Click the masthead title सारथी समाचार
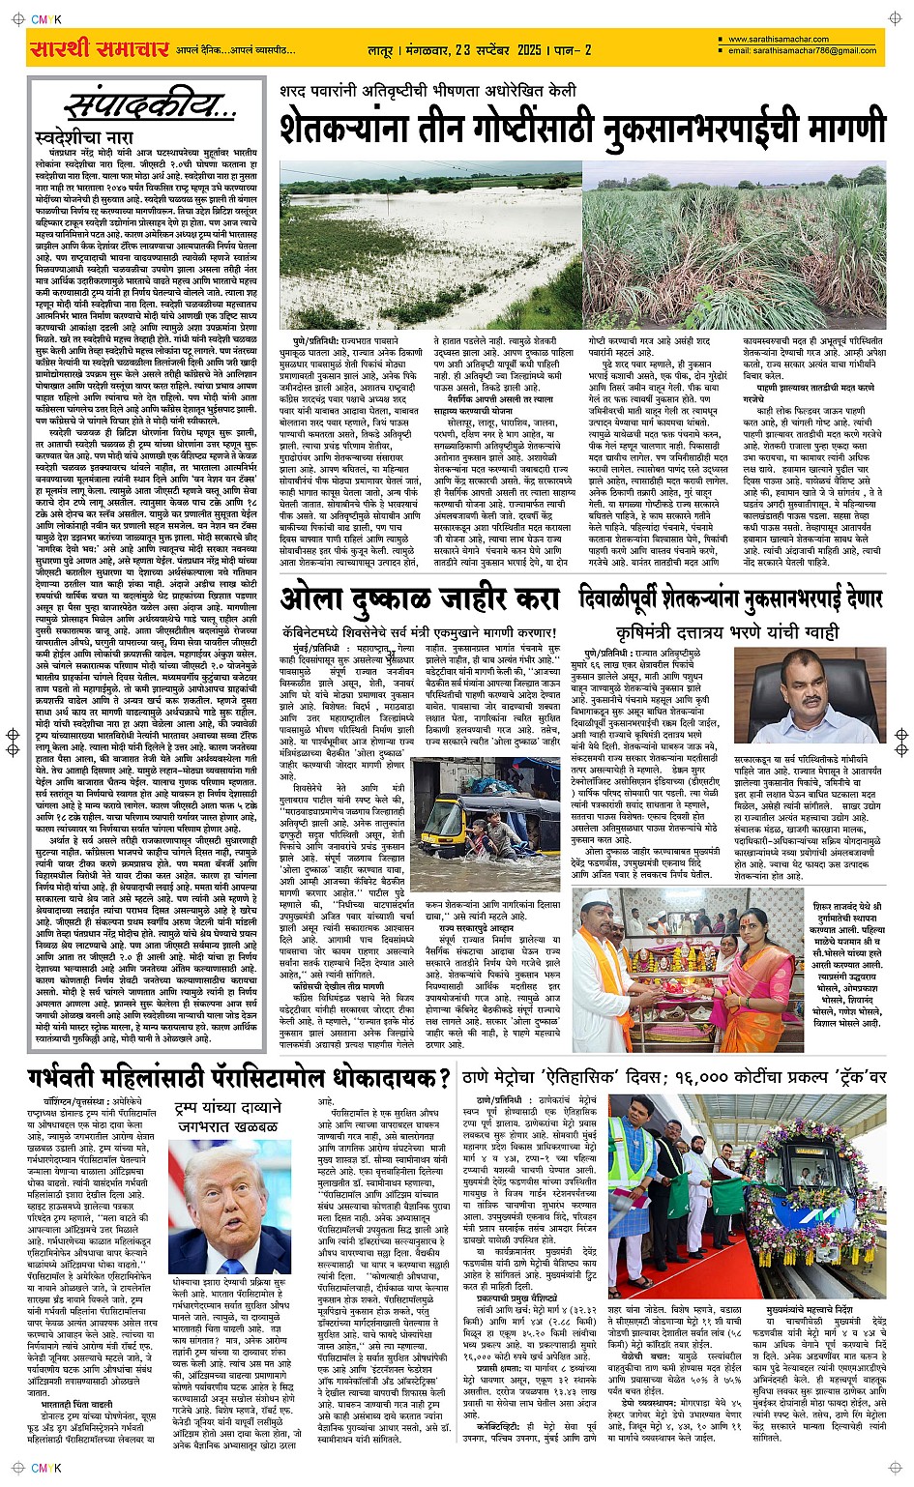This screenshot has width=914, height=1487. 100,48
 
